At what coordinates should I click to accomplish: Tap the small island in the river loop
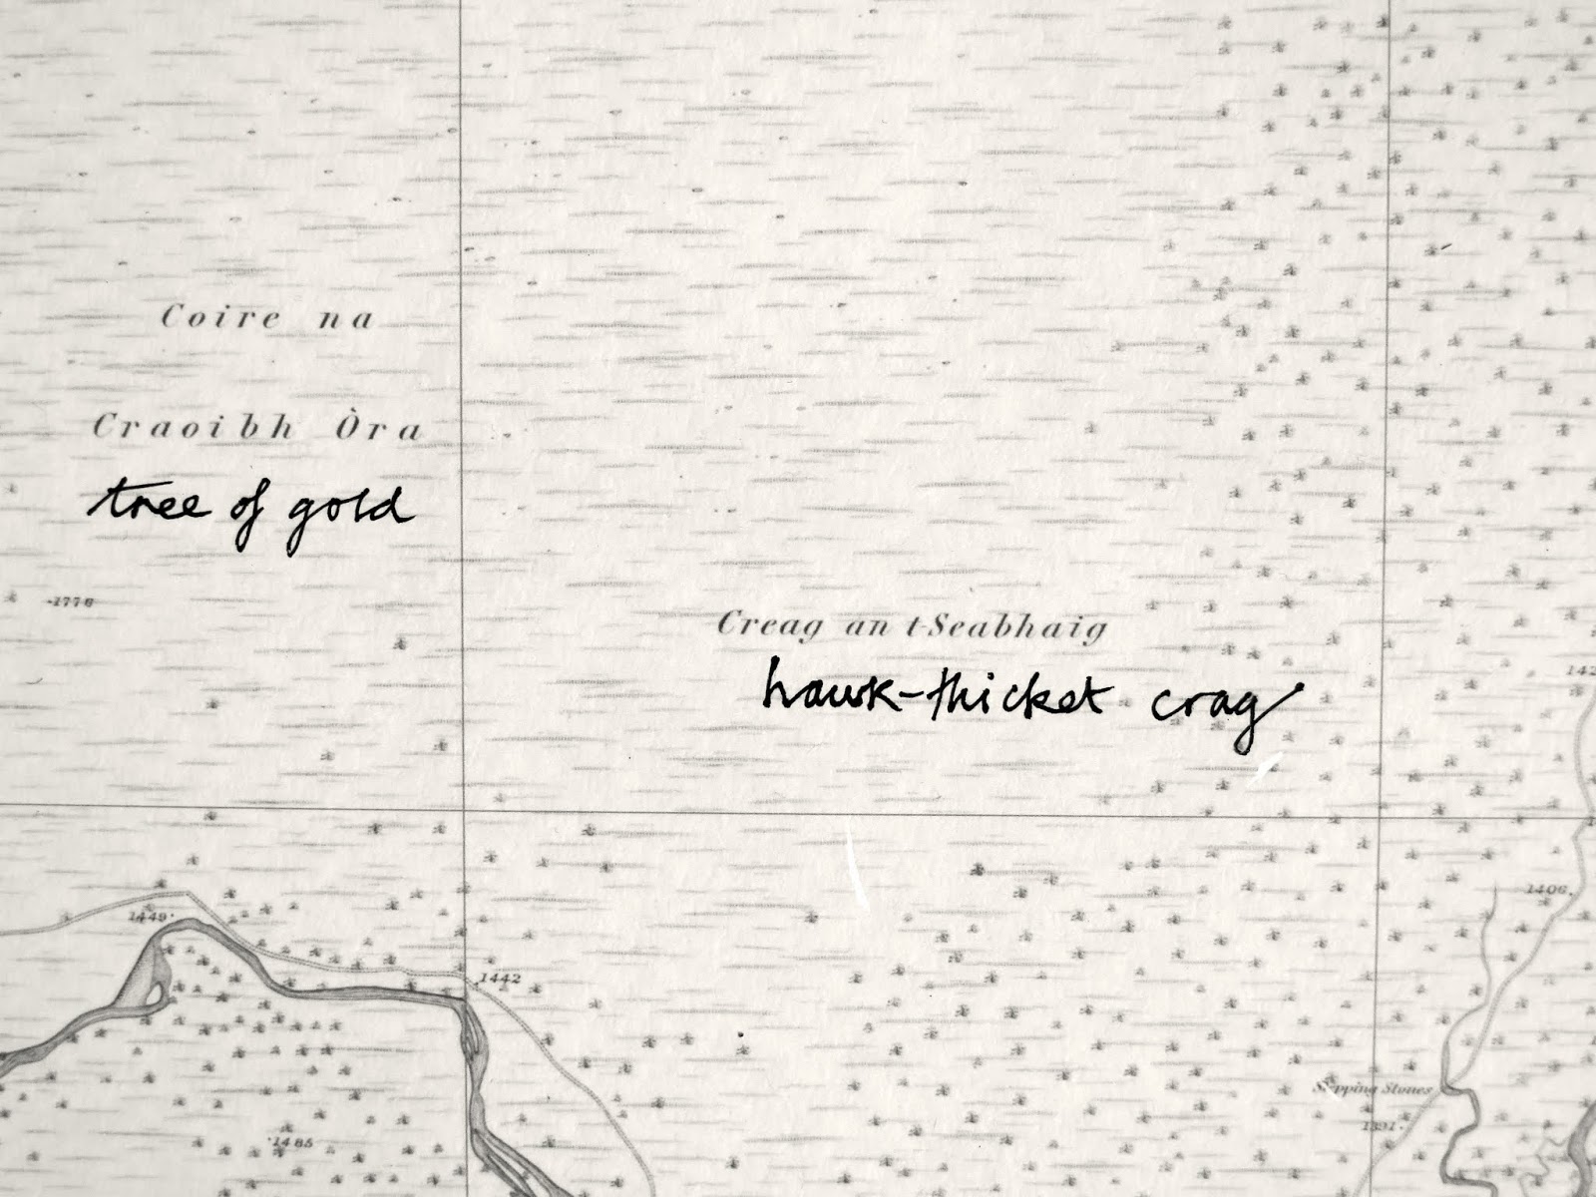pos(146,979)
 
